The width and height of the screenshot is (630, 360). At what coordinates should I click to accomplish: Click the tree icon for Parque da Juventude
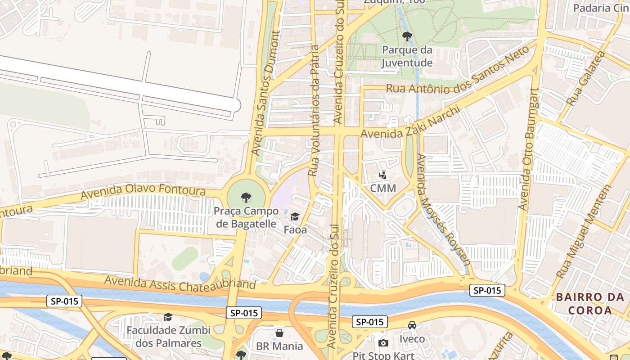[407, 36]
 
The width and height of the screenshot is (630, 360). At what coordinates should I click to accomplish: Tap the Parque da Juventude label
[407, 56]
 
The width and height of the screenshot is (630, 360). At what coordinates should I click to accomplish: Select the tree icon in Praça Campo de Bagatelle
[246, 197]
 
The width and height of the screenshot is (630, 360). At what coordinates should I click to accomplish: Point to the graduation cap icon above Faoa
[295, 217]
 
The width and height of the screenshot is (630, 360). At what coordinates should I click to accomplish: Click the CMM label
[383, 188]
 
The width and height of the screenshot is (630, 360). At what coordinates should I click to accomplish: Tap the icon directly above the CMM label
[383, 175]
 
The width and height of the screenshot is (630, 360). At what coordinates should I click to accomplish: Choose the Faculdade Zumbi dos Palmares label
[168, 337]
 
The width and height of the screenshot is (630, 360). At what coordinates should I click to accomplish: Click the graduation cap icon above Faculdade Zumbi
[168, 317]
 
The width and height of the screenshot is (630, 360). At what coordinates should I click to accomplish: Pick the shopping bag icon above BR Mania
[279, 333]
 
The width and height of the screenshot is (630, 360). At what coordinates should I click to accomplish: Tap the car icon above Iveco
[412, 325]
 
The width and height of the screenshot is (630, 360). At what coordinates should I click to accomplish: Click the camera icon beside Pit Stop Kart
[383, 343]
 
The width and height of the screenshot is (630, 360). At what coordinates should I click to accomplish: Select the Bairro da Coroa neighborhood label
[589, 303]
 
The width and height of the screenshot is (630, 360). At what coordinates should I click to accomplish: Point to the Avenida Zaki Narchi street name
[410, 123]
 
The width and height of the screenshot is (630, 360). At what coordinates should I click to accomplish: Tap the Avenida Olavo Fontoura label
[143, 192]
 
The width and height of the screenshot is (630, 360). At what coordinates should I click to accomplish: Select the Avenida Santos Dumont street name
[265, 93]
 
